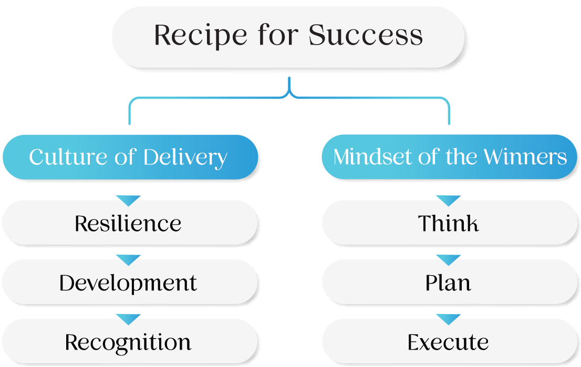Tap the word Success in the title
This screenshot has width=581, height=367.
click(366, 36)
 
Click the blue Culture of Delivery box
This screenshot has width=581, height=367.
click(128, 157)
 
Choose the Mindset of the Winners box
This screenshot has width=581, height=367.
click(450, 157)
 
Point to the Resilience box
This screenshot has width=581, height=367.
click(128, 224)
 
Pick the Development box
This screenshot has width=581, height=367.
click(128, 283)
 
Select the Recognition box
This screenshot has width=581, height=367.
click(128, 342)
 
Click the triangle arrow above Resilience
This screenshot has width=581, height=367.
click(128, 200)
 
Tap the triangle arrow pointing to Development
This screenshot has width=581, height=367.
click(128, 259)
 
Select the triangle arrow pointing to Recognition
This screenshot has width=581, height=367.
click(128, 319)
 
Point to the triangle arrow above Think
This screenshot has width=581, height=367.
click(449, 200)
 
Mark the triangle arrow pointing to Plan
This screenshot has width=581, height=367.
click(449, 259)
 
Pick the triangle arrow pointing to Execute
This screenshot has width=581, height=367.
click(449, 319)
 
